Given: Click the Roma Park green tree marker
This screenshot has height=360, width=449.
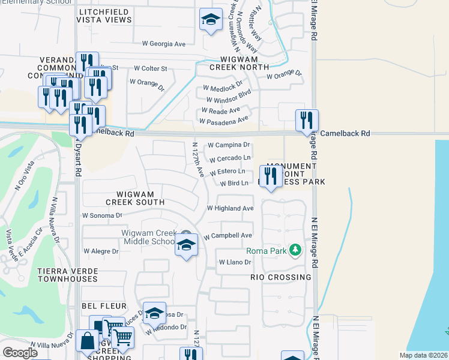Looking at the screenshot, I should [x=295, y=249].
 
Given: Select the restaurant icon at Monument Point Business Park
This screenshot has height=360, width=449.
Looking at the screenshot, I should [x=270, y=176].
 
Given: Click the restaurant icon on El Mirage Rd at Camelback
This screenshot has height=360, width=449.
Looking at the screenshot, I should [x=307, y=120].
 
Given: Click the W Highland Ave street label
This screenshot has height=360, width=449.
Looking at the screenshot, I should [x=230, y=208].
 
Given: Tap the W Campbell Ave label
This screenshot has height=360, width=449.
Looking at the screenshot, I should [x=228, y=236].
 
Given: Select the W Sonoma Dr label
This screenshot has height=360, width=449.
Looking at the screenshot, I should [x=102, y=215].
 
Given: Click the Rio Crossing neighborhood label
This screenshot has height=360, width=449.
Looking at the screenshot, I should [x=281, y=277].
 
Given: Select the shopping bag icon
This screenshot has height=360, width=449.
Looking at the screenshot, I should [x=87, y=340].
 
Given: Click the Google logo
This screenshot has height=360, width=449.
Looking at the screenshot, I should [x=20, y=352].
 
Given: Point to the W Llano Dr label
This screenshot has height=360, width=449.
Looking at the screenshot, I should [x=234, y=262].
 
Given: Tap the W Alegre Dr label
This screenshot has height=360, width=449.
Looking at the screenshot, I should [x=99, y=251].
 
